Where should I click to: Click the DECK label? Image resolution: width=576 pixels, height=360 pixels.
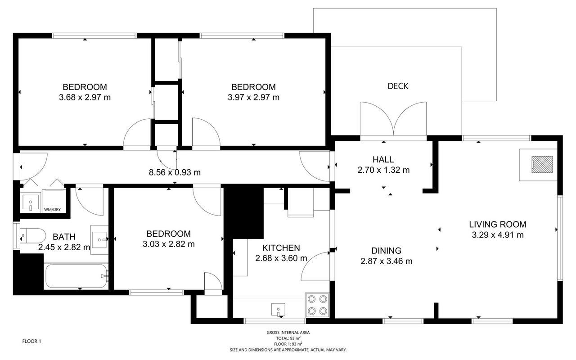[x=398, y=86]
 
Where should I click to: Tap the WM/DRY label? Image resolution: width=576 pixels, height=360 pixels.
[x=53, y=210]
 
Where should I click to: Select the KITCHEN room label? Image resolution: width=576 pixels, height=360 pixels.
[x=281, y=248]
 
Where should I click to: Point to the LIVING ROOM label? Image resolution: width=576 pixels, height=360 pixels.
[x=498, y=225]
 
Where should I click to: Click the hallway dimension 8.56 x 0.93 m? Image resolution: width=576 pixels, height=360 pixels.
[x=175, y=172]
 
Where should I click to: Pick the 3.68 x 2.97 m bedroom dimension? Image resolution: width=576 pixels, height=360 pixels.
[x=85, y=98]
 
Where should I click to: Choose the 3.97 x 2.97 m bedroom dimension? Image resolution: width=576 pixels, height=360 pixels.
[x=253, y=98]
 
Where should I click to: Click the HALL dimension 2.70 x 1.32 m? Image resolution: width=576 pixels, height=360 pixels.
[x=383, y=170]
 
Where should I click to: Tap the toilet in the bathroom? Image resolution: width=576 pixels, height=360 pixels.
[x=33, y=235]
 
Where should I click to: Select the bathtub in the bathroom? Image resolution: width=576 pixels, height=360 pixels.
[x=76, y=276]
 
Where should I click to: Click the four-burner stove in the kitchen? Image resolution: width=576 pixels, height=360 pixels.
[x=317, y=305]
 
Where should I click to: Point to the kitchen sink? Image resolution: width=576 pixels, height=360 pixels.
[x=278, y=309]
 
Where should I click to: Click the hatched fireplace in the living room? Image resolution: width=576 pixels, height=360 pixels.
[x=542, y=165]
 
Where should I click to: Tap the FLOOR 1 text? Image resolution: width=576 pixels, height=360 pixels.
[x=31, y=341]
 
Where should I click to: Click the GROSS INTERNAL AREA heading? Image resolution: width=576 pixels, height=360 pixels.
[x=288, y=333]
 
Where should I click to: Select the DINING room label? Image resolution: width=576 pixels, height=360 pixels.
[x=386, y=251]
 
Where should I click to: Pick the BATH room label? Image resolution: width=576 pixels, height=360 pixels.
[x=64, y=237]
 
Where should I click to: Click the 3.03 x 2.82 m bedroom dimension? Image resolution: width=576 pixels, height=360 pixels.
[x=168, y=244]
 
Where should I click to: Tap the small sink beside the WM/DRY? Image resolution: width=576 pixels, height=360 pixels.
[x=31, y=202]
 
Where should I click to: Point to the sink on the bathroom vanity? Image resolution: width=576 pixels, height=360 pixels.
[x=99, y=240]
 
